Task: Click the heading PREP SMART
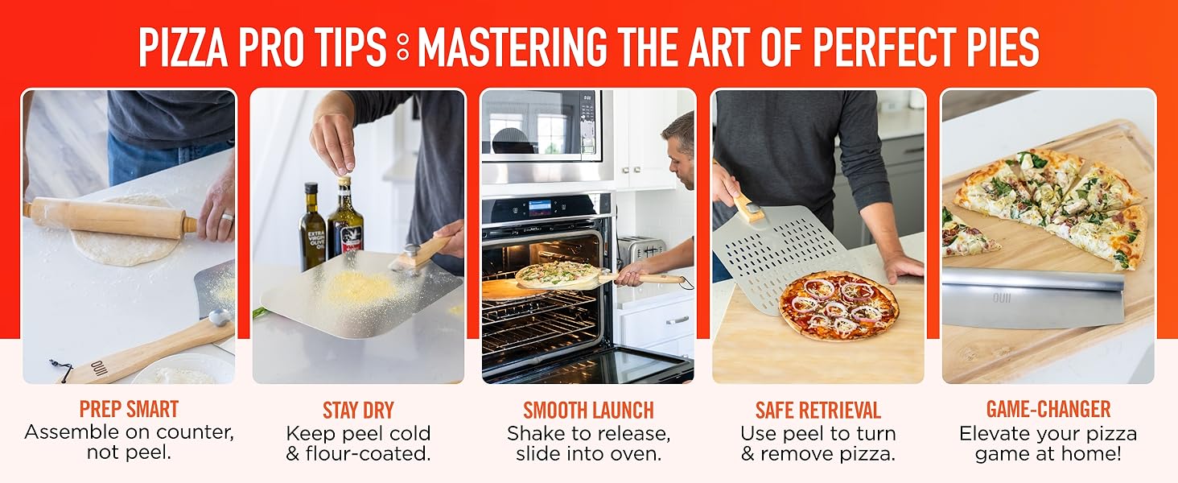tap(129, 410)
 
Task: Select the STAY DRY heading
tap(358, 411)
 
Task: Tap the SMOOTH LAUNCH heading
tap(588, 411)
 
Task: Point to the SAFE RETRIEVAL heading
tap(818, 411)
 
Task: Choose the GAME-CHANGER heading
tap(1048, 410)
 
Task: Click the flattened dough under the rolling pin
tap(121, 246)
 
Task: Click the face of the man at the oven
tap(680, 149)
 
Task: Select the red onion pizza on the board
tap(838, 306)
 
